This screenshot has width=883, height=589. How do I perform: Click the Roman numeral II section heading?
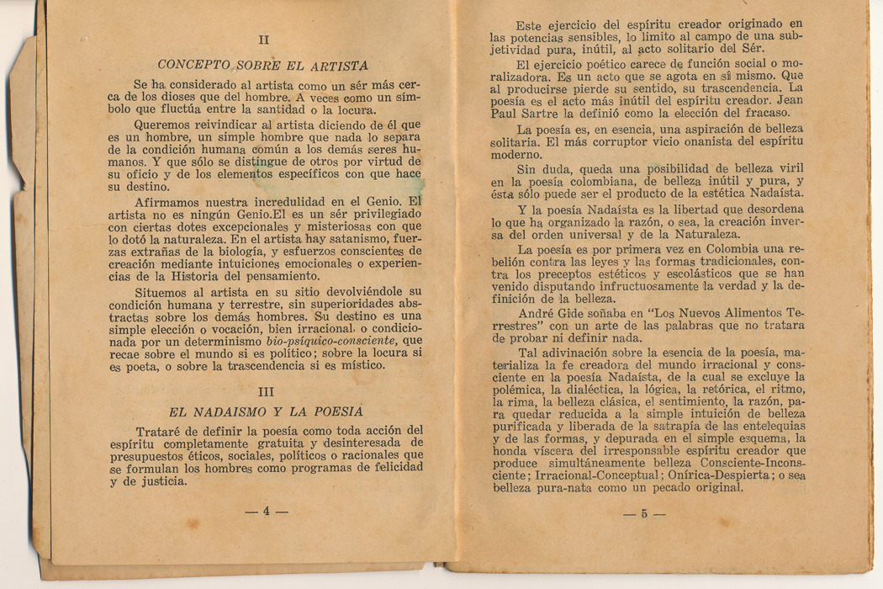[x=263, y=39]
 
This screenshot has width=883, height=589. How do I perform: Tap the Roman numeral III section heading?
[x=266, y=392]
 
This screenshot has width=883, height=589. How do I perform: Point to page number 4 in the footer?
[x=266, y=512]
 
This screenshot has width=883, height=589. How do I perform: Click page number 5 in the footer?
[x=644, y=513]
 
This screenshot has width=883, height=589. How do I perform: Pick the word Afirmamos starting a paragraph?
[x=172, y=202]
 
